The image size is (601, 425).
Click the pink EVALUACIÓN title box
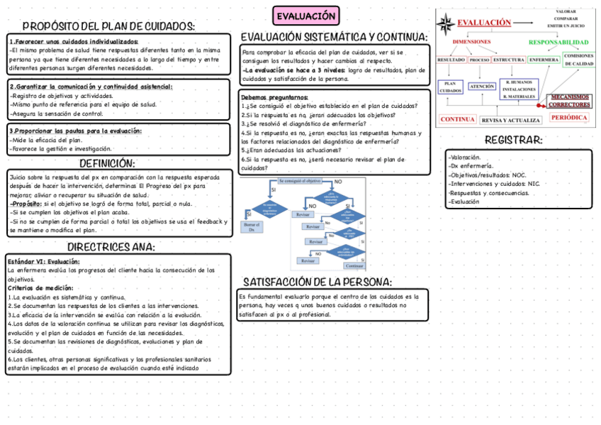305,16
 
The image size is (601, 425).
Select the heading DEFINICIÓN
107,163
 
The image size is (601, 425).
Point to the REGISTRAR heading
513,140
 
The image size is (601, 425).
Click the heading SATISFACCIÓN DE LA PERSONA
318,282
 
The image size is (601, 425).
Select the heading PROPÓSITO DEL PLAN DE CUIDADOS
108,26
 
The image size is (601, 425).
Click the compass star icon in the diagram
447,25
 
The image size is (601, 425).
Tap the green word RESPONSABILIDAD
558,43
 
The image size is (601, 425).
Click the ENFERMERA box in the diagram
544,60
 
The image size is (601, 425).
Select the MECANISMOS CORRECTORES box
570,101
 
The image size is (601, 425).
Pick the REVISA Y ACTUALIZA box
511,120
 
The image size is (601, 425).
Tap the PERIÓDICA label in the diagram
569,118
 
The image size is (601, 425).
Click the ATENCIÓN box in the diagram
482,87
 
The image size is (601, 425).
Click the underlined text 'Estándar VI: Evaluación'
43,261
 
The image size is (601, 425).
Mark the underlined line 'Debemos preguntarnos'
274,97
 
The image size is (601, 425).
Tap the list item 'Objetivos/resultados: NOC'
488,175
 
